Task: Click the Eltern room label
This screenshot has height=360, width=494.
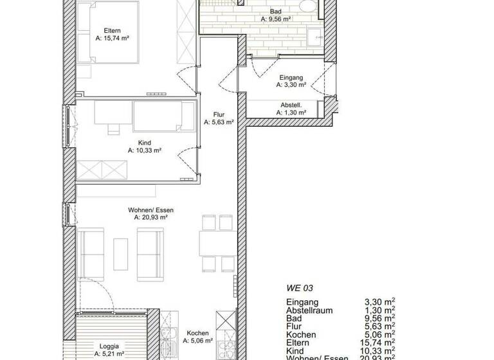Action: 112,30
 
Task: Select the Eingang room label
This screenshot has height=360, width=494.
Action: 289,77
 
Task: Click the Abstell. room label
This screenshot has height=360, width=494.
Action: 291,105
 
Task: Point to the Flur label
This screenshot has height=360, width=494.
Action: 218,114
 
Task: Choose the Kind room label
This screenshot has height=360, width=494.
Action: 144,143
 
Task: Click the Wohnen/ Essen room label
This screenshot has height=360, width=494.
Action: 151,210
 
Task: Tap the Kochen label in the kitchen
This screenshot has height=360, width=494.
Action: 197,333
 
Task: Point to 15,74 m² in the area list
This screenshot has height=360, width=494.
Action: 380,343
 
